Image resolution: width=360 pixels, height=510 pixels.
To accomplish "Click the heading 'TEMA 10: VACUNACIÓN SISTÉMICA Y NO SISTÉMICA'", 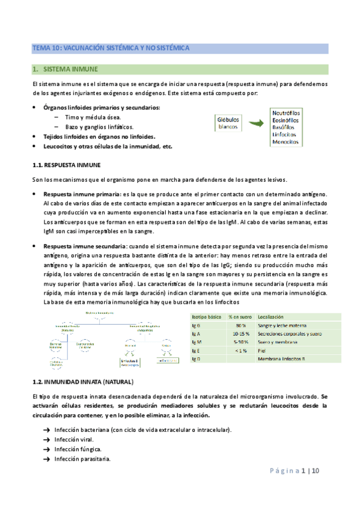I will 111,47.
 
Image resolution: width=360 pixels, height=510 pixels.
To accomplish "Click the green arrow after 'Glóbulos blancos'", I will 256,123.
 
